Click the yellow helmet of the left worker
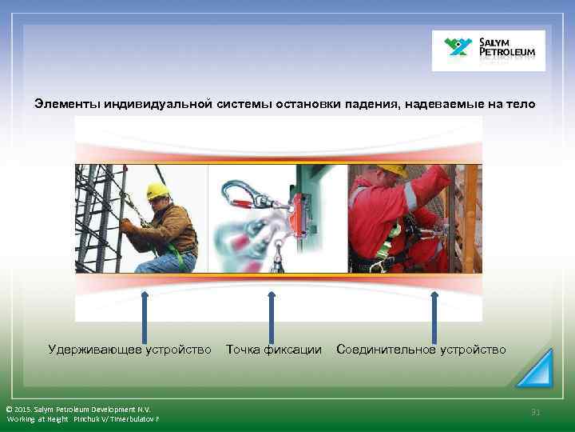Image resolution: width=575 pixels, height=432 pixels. [157, 191]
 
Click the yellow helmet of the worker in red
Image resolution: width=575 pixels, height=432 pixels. [391, 170]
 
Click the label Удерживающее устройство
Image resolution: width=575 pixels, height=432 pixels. [129, 350]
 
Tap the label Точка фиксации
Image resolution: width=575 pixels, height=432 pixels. [274, 350]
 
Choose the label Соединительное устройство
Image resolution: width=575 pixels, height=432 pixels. [421, 350]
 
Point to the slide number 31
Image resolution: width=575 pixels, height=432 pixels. [536, 412]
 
